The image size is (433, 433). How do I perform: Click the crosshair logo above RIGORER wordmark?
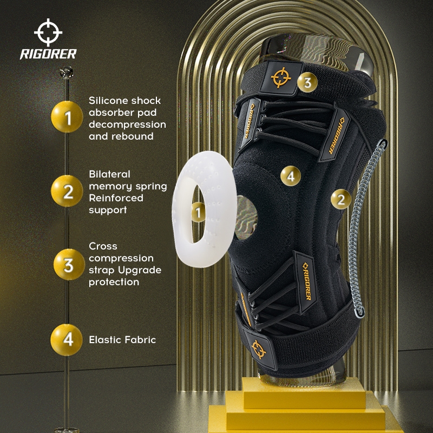click(x=48, y=32)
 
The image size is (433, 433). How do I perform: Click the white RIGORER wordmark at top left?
click(x=48, y=54)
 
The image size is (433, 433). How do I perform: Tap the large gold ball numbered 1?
click(x=67, y=117)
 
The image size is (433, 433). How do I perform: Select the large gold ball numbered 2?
click(x=67, y=191)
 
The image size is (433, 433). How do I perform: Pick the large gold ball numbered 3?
click(x=69, y=265)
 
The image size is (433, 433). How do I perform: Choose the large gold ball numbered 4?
click(x=67, y=340)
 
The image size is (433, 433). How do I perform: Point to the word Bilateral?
click(x=109, y=174)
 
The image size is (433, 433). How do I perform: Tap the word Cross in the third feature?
click(x=103, y=246)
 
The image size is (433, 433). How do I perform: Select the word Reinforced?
click(x=116, y=198)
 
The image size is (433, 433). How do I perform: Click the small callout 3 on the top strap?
click(x=307, y=82)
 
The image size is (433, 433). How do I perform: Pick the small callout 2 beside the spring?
click(x=341, y=199)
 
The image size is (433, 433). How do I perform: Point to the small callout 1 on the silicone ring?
click(x=198, y=212)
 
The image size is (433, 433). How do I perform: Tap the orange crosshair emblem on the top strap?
click(x=281, y=77)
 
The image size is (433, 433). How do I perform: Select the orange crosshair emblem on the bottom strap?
click(x=259, y=349)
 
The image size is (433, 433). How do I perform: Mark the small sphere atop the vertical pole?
click(x=67, y=73)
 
